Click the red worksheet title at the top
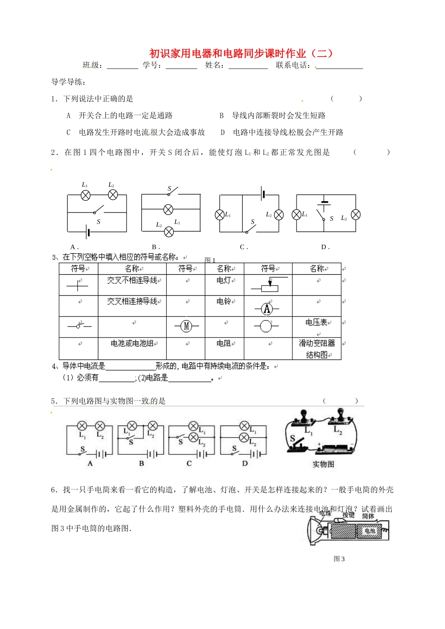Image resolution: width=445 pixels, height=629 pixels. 241,53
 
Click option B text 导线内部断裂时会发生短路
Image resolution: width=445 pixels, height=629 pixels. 279,116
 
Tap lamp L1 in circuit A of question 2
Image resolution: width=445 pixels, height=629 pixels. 86,195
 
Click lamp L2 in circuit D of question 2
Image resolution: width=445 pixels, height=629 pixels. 356,214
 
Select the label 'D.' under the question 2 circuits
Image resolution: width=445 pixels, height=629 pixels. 326,247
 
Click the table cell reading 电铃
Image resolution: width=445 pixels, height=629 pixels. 224,302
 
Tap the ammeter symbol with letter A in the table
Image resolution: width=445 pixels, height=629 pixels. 267,308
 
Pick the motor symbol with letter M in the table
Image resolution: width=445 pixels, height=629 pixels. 186,326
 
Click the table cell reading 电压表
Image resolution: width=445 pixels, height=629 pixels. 316,322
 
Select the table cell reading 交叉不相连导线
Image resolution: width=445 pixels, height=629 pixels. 132,280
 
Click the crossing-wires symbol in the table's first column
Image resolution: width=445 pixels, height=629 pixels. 78,284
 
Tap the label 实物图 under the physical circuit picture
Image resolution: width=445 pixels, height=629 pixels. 323,464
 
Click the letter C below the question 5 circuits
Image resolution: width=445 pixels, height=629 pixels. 189,463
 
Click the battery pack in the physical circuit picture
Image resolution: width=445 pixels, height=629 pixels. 334,448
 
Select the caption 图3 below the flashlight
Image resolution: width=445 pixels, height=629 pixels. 339,559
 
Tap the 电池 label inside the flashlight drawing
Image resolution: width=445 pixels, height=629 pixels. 370,531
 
